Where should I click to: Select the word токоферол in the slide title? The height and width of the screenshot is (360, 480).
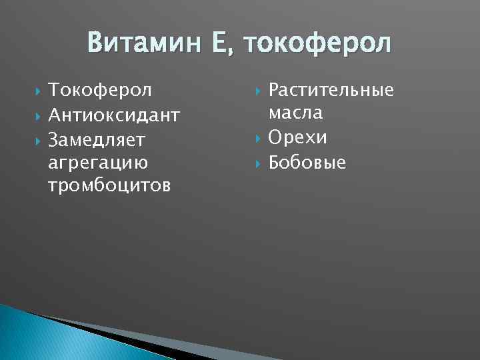pyautogui.click(x=319, y=44)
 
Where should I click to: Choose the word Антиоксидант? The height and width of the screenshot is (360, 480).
pyautogui.click(x=114, y=115)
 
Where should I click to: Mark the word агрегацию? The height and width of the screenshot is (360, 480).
pyautogui.click(x=99, y=162)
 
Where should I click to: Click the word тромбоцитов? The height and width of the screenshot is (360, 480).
pyautogui.click(x=109, y=185)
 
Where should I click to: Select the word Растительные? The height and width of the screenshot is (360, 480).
pyautogui.click(x=331, y=90)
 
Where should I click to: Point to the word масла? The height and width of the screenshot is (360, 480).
pyautogui.click(x=296, y=113)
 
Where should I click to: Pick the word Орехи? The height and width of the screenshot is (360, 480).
pyautogui.click(x=298, y=137)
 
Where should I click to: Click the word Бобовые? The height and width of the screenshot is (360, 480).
pyautogui.click(x=307, y=162)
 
